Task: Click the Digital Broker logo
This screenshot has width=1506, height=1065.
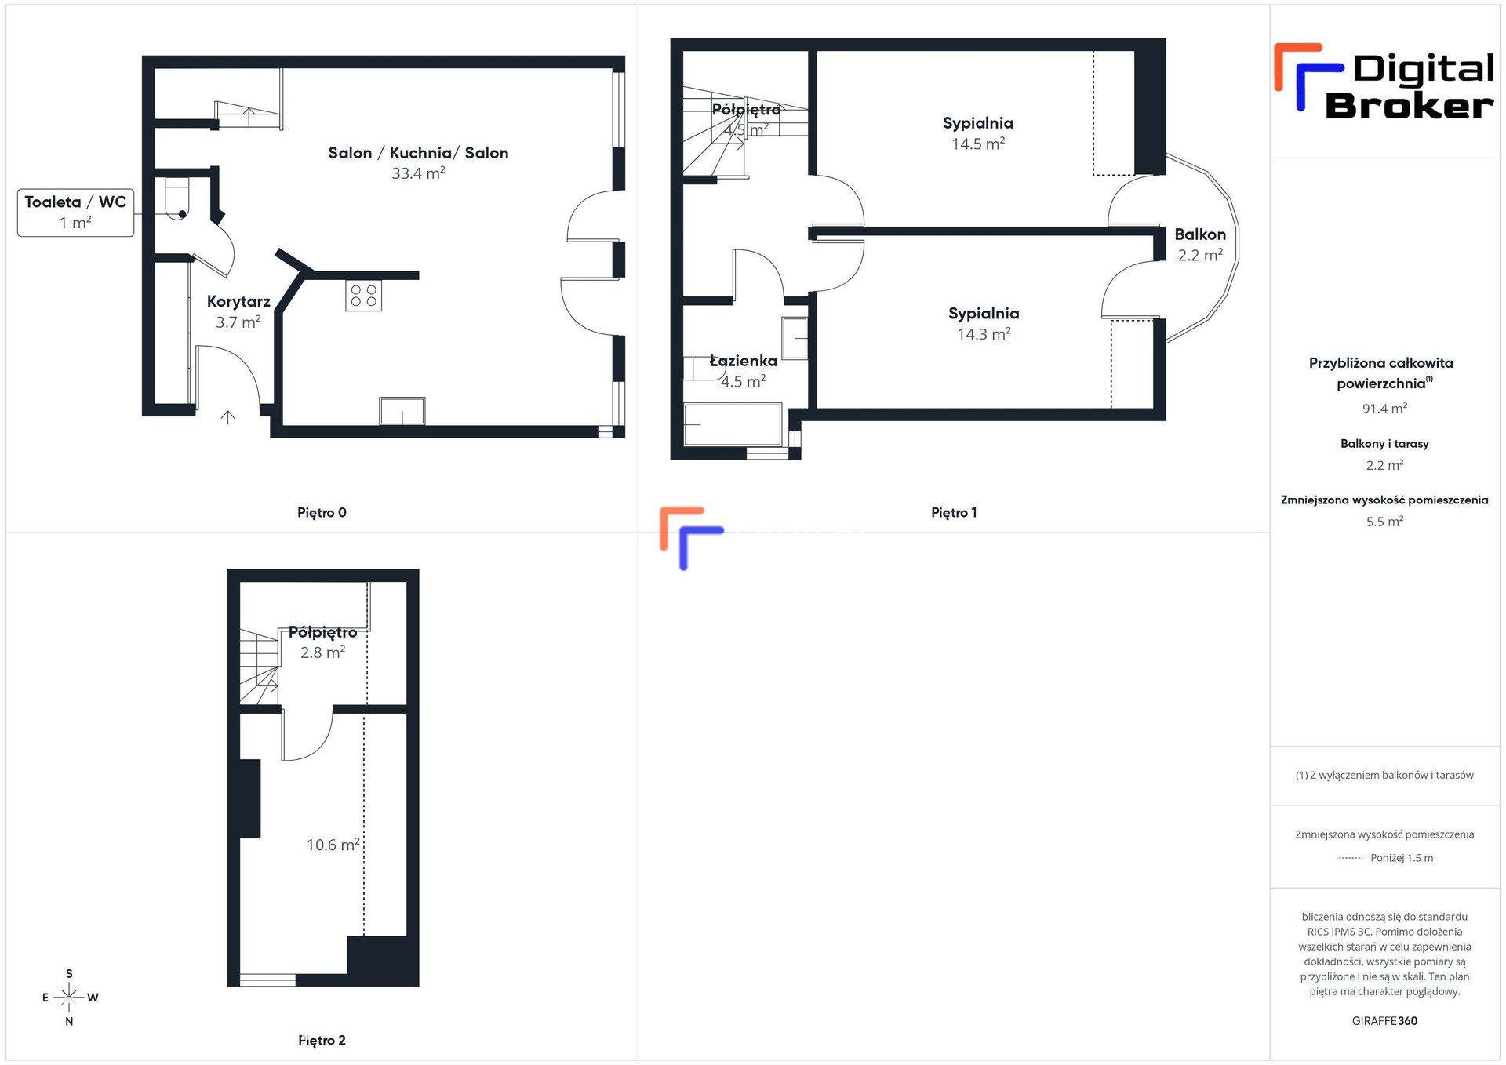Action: tap(1384, 82)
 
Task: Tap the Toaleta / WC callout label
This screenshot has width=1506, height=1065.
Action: tap(75, 213)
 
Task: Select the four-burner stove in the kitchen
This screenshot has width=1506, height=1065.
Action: tap(364, 296)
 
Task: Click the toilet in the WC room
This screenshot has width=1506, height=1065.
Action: tap(176, 199)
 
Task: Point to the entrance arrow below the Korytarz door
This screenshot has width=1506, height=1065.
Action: tap(227, 417)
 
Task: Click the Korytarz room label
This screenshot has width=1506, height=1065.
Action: tap(238, 301)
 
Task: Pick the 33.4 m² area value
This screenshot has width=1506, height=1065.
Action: tap(418, 173)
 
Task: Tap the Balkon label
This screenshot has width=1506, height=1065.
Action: tap(1200, 234)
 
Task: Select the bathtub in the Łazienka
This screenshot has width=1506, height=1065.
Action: tap(733, 424)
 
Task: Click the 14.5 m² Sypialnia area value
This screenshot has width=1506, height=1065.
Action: tap(978, 144)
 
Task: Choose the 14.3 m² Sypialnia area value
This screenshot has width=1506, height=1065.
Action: tap(984, 334)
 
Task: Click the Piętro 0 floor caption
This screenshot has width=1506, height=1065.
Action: tap(322, 513)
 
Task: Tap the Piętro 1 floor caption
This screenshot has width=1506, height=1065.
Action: tap(954, 513)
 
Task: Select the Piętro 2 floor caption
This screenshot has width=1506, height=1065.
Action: tap(322, 1041)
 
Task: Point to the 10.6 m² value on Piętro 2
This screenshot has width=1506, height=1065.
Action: tap(333, 845)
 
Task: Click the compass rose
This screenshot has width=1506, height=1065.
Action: tap(69, 998)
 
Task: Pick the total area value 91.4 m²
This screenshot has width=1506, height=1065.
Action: tap(1384, 409)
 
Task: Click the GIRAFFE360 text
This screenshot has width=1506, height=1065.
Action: tap(1384, 1021)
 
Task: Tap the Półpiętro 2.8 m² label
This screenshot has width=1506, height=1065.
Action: tap(322, 642)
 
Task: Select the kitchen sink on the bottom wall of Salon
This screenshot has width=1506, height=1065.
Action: tap(402, 411)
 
